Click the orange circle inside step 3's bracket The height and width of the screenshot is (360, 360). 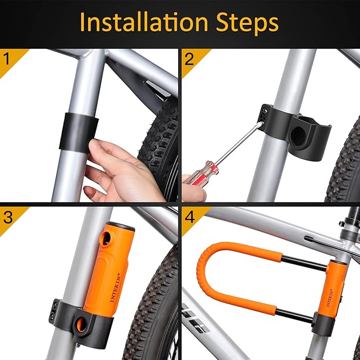[83, 324]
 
